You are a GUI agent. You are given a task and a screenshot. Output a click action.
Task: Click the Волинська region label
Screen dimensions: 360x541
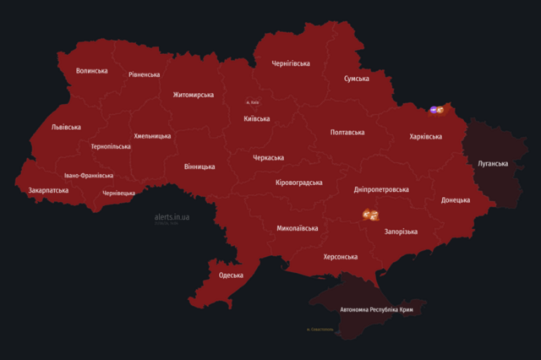point(91,71)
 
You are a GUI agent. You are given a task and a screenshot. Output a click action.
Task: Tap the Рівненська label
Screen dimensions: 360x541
point(144,74)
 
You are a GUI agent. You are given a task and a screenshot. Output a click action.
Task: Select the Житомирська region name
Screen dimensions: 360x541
point(193,95)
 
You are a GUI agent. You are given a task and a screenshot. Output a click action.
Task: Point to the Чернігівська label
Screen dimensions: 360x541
point(291,63)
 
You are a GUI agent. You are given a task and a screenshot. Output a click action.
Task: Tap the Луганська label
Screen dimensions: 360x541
point(493,163)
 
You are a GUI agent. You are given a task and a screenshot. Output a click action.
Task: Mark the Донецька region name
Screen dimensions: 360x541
point(456,200)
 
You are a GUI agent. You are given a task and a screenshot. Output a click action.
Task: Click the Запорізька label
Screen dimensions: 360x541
point(401,232)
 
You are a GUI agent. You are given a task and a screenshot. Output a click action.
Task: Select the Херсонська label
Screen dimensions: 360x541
point(340,257)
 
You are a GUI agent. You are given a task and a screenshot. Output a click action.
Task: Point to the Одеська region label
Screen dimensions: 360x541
point(231,275)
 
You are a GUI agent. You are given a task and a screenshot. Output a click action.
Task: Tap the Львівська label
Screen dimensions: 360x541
point(66,128)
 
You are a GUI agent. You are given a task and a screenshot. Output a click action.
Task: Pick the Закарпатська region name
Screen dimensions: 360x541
point(48,191)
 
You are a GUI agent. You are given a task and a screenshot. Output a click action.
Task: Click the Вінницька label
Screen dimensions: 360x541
point(199,166)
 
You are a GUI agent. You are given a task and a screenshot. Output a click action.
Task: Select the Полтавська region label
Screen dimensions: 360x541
point(347,133)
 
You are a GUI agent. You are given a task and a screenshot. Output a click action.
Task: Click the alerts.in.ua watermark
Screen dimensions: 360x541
point(172,217)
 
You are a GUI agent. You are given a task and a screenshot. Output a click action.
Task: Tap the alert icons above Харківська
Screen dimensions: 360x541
point(437,110)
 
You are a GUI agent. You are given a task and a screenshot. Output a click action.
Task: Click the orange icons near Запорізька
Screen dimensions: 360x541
point(370,215)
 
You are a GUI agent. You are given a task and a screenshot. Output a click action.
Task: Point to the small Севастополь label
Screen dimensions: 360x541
point(320,330)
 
